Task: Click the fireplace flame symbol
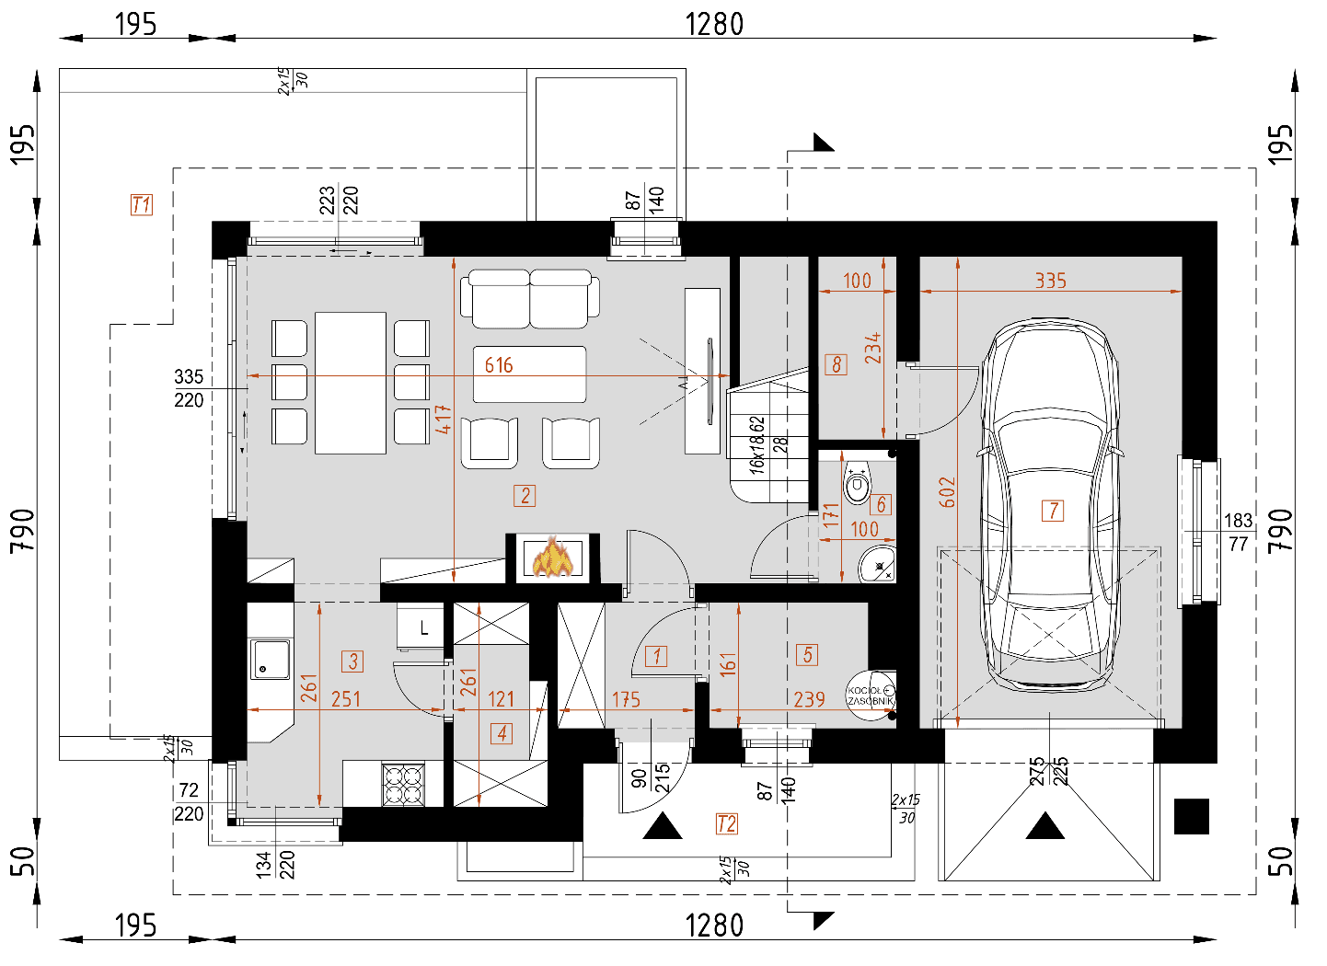coord(553,558)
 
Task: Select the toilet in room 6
coord(857,482)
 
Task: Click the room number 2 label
coord(525,496)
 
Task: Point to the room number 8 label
coord(836,364)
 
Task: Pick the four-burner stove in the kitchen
coord(403,785)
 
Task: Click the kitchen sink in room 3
coord(271,660)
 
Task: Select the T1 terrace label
coord(141,204)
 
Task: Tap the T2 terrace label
coord(726,823)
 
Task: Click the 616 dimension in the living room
coord(499,365)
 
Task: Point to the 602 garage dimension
coord(947,492)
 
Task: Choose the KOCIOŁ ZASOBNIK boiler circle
coord(869,695)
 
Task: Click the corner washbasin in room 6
coord(878,563)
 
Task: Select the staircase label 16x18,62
coord(756,444)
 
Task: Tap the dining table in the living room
coord(350,382)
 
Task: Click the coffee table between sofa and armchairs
coord(529,374)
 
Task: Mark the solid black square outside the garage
coord(1191,816)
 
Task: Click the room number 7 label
coord(1053,511)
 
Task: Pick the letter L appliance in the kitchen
coord(422,627)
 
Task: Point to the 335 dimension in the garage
coord(1050,281)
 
